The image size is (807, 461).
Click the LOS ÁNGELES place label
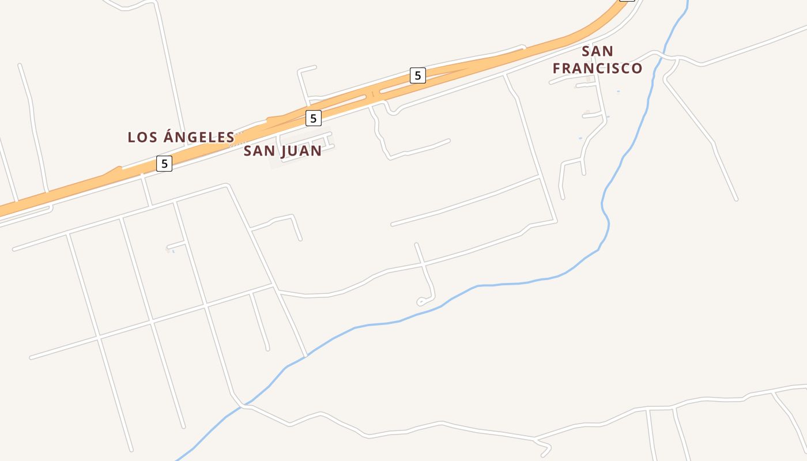pos(181,137)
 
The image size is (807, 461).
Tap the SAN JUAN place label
pos(282,151)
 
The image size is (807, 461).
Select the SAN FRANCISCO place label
pos(598,60)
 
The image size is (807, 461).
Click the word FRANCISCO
pos(598,68)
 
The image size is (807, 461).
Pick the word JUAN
pos(301,151)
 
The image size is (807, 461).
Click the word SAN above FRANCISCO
pos(598,51)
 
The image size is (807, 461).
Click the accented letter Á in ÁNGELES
pos(168,137)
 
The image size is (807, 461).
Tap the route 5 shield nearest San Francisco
pos(418,75)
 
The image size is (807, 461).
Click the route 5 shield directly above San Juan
pos(313,118)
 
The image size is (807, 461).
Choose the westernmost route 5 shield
pos(164,164)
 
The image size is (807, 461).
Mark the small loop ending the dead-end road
pos(423,301)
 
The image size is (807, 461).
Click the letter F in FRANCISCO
pos(557,68)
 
